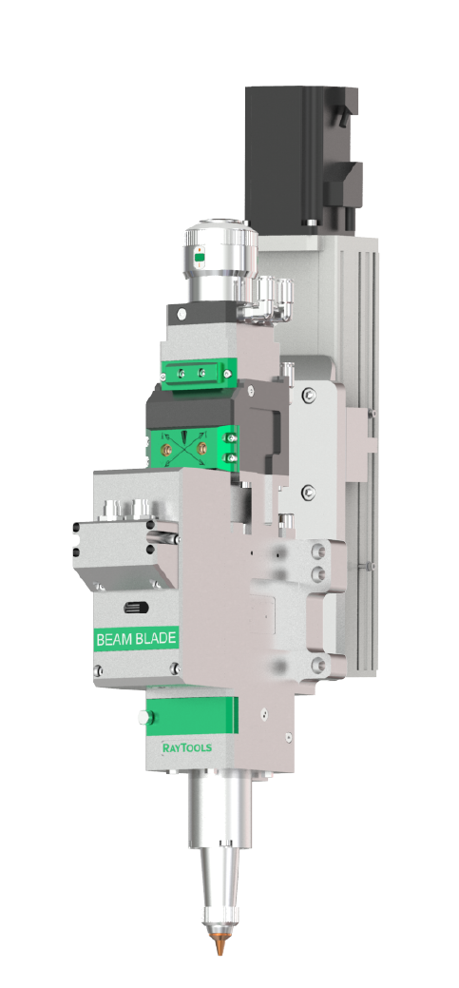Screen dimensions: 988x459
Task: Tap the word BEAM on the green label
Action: pos(116,639)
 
